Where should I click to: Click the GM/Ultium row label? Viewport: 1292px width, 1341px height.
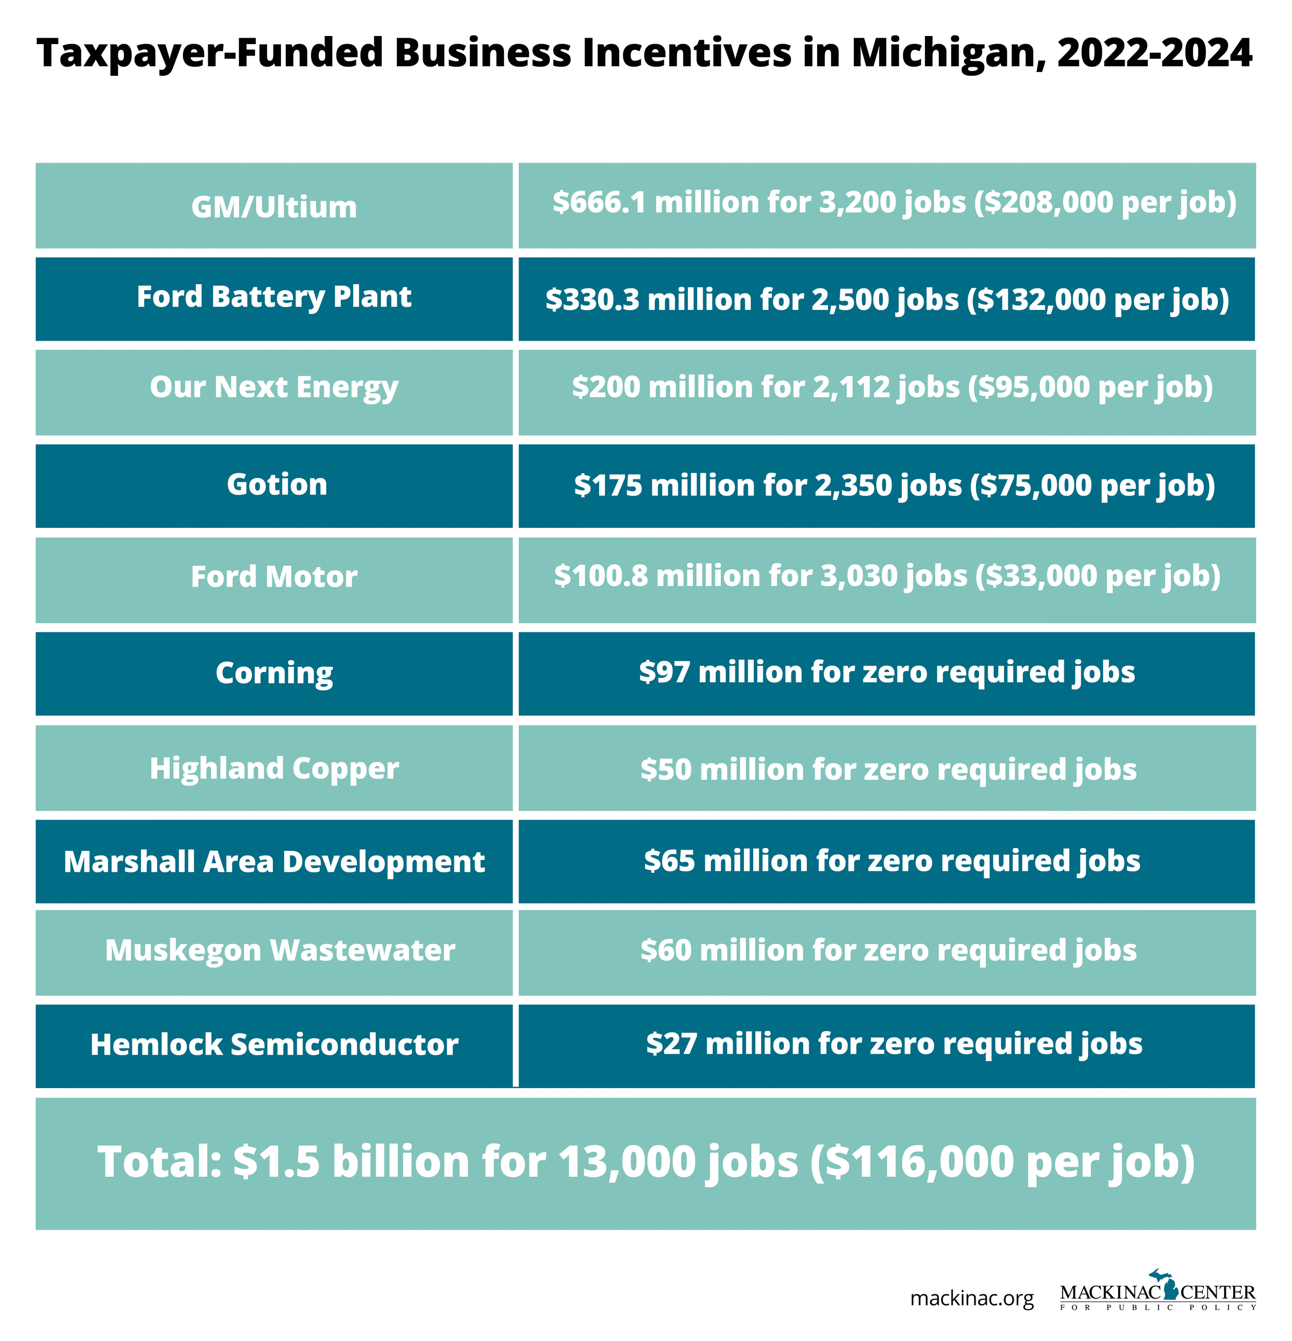pyautogui.click(x=273, y=207)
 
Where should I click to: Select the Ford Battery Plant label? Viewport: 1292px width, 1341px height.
pyautogui.click(x=273, y=297)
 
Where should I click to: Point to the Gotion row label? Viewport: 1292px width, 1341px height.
pyautogui.click(x=277, y=484)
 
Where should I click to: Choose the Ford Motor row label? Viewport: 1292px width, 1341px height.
pyautogui.click(x=273, y=576)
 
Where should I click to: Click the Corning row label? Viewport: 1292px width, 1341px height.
pyautogui.click(x=273, y=673)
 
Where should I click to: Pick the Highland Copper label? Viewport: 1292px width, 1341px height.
pyautogui.click(x=273, y=768)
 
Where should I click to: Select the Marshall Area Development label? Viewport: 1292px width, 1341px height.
pyautogui.click(x=273, y=862)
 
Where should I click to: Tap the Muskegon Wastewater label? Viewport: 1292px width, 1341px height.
pyautogui.click(x=279, y=950)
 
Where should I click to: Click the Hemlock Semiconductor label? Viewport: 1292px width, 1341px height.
pyautogui.click(x=273, y=1044)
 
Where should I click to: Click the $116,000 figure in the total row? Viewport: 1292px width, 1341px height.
pyautogui.click(x=921, y=1162)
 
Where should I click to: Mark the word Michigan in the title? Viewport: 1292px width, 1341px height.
pyautogui.click(x=949, y=53)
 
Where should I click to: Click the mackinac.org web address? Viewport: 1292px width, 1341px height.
pyautogui.click(x=971, y=1298)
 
